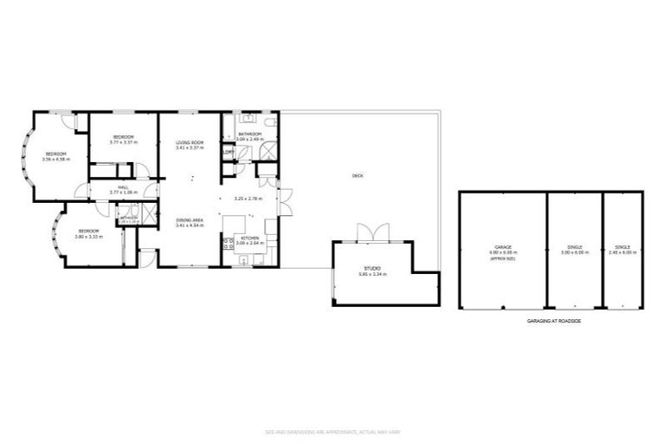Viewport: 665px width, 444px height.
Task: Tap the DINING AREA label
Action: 190,220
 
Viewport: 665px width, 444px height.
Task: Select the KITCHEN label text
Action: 249,238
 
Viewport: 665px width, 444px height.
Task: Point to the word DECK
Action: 358,176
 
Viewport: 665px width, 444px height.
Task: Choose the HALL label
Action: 123,188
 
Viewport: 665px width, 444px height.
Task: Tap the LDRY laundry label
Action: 228,153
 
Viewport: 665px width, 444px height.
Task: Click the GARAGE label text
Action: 502,248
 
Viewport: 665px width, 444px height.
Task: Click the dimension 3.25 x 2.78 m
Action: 248,199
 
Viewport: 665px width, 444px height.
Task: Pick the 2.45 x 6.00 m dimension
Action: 623,252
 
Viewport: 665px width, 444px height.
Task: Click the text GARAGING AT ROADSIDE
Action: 554,321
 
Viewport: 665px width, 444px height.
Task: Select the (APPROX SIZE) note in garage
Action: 502,258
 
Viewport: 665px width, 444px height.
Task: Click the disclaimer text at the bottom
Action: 332,431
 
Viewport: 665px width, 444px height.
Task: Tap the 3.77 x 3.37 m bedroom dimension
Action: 124,142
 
